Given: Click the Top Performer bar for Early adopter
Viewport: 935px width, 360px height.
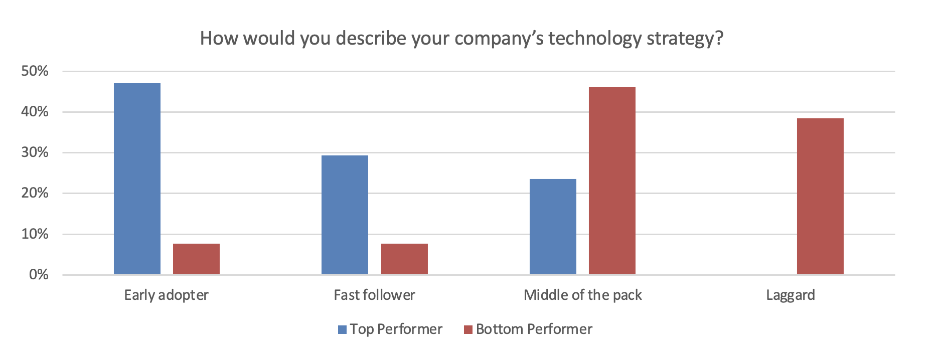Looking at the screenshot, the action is click(137, 178).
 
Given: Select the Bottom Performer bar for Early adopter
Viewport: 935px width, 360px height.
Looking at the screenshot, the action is click(196, 259).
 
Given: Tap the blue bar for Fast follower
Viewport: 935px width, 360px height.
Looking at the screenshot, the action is click(345, 215).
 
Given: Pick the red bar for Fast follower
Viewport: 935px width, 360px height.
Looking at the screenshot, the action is click(404, 259).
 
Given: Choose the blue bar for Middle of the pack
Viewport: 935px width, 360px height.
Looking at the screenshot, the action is click(553, 227).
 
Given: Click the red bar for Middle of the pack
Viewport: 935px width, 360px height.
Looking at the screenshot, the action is click(612, 181).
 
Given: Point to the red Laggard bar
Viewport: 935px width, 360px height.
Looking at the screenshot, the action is click(820, 196).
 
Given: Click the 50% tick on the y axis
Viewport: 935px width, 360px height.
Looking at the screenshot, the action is click(35, 71).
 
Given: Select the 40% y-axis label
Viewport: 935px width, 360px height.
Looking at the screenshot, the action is click(35, 112).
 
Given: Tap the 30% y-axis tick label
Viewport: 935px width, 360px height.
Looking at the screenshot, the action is click(35, 152).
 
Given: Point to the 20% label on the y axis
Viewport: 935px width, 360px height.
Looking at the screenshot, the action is click(35, 193).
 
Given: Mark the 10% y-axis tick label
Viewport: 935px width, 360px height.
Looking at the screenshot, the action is click(35, 234).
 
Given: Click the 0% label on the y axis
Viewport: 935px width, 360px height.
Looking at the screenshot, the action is click(39, 275).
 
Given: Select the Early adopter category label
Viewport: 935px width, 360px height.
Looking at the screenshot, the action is click(167, 295).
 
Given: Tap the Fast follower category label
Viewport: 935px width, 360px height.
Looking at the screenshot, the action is click(375, 295).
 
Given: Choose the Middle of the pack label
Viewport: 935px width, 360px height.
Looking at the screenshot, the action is click(583, 295).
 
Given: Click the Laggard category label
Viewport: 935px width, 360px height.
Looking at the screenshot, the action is click(791, 295).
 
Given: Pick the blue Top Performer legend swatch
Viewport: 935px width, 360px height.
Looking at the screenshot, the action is click(343, 329).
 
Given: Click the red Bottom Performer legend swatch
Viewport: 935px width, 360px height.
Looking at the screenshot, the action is click(469, 329).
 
